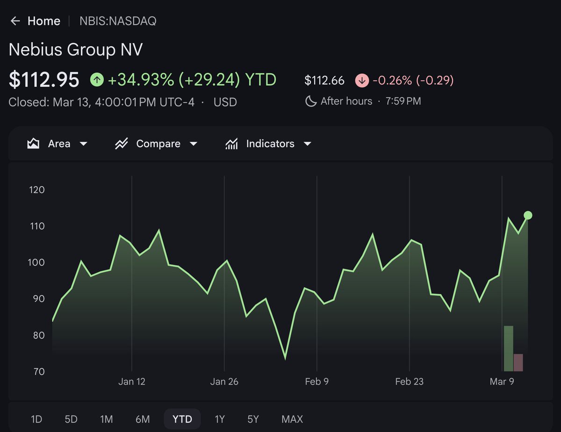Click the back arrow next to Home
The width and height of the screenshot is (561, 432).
[x=15, y=21]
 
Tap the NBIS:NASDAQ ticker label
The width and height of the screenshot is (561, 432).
[x=118, y=21]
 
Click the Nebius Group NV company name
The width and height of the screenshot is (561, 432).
[x=75, y=50]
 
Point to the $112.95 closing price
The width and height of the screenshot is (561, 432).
[x=44, y=80]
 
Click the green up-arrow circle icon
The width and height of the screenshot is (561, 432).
[x=97, y=80]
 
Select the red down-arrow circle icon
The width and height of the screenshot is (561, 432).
[x=362, y=80]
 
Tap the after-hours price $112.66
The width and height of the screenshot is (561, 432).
[x=324, y=80]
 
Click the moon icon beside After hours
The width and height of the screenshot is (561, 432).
[x=310, y=101]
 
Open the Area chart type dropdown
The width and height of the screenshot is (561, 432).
[x=58, y=143]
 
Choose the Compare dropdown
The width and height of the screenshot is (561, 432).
[x=156, y=143]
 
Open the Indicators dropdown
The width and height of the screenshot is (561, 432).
[x=268, y=143]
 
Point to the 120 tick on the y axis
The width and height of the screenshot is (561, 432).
[x=36, y=190]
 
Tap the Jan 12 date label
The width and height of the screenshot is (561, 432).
[x=132, y=382]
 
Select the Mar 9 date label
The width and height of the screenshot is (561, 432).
[x=502, y=382]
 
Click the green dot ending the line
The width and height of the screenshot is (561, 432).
[x=528, y=215]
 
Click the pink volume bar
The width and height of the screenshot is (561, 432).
[x=518, y=362]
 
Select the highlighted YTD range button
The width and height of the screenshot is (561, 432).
[x=182, y=419]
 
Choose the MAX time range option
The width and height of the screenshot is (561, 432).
[x=292, y=419]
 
